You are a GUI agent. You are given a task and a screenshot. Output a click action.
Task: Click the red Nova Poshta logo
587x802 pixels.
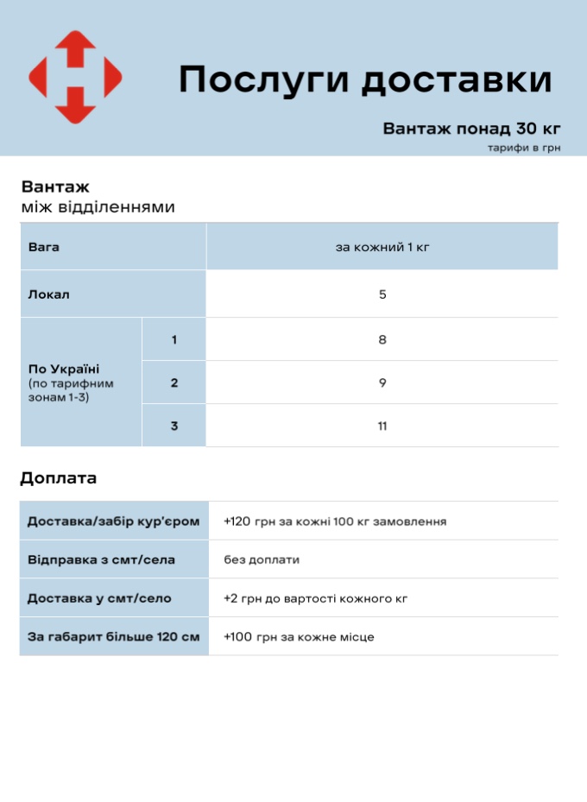[75, 77]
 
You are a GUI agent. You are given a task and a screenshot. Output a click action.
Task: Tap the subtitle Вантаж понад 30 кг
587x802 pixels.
[471, 129]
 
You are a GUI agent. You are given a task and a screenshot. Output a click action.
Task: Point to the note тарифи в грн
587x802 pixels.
[523, 148]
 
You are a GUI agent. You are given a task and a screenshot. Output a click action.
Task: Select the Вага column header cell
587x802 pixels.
[44, 247]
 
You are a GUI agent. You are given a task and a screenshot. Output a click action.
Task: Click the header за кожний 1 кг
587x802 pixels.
[382, 247]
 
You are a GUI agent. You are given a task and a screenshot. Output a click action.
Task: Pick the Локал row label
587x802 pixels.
[49, 294]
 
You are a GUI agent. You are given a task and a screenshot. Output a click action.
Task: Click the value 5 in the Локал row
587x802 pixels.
[382, 294]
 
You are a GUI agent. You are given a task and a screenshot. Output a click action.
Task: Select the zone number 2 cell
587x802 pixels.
[174, 382]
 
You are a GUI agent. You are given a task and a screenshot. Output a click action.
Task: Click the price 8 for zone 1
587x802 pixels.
[382, 339]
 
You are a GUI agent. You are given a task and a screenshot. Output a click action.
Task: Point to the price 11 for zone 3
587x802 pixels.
[382, 426]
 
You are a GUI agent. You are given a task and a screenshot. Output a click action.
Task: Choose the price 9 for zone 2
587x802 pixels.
[382, 382]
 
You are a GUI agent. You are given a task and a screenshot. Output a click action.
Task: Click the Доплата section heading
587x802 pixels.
[59, 478]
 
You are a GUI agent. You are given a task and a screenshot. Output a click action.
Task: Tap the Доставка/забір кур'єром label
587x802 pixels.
[113, 521]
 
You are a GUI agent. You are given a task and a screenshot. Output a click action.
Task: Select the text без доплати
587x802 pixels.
[262, 559]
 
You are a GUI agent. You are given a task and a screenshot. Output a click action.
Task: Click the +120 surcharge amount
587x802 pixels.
[237, 521]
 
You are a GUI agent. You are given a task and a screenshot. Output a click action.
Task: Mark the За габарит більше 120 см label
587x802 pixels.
[113, 636]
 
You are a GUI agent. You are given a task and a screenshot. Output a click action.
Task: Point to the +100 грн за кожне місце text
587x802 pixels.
[299, 636]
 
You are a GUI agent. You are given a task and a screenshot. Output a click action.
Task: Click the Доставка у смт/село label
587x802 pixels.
[99, 597]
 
